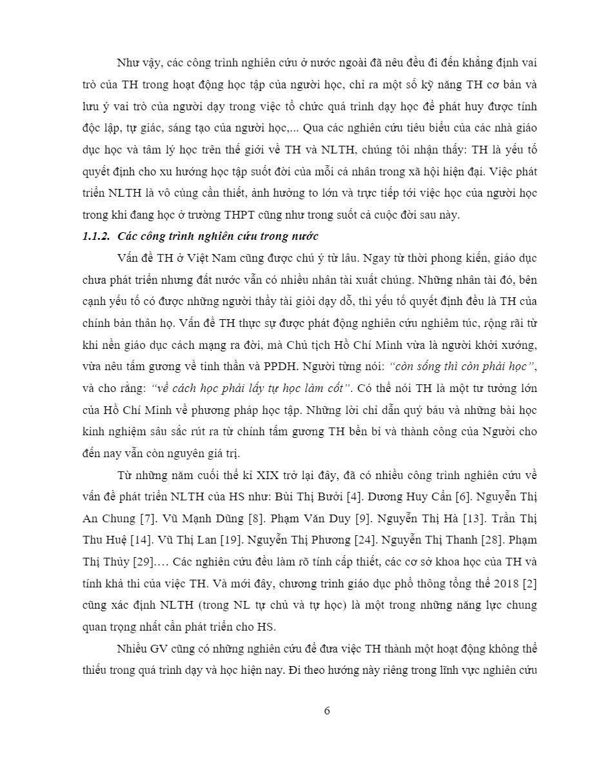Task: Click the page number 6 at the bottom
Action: [327, 711]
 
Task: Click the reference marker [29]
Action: [142, 562]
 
